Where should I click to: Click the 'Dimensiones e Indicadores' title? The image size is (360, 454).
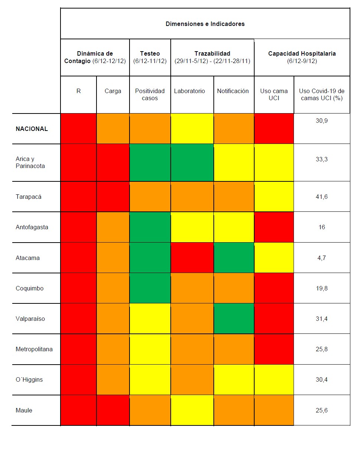(x=205, y=24)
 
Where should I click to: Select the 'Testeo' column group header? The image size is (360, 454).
(x=150, y=53)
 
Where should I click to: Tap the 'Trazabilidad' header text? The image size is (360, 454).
(x=212, y=53)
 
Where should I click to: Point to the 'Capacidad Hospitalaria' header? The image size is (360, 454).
(x=302, y=53)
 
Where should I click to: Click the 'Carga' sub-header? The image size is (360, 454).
(x=113, y=91)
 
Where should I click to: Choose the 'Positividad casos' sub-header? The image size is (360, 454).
(x=150, y=95)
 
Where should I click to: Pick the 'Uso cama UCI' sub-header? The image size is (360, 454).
(x=274, y=95)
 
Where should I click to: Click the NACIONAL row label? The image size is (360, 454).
(x=32, y=129)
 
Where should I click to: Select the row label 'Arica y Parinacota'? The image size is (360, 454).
(x=30, y=162)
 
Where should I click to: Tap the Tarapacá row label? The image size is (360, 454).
(x=29, y=197)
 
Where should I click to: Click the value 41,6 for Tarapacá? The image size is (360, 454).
(x=321, y=197)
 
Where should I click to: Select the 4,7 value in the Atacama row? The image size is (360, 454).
(x=321, y=258)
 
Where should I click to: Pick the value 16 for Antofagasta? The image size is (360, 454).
(x=321, y=227)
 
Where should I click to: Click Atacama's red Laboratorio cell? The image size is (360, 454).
(x=192, y=258)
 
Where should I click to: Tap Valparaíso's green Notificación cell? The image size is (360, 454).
(x=234, y=319)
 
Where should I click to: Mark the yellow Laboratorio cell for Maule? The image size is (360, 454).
(x=192, y=410)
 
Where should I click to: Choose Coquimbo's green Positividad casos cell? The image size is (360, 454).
(x=150, y=288)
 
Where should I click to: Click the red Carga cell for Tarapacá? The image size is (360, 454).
(x=113, y=197)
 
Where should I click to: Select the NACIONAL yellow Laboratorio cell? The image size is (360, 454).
(x=192, y=129)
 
